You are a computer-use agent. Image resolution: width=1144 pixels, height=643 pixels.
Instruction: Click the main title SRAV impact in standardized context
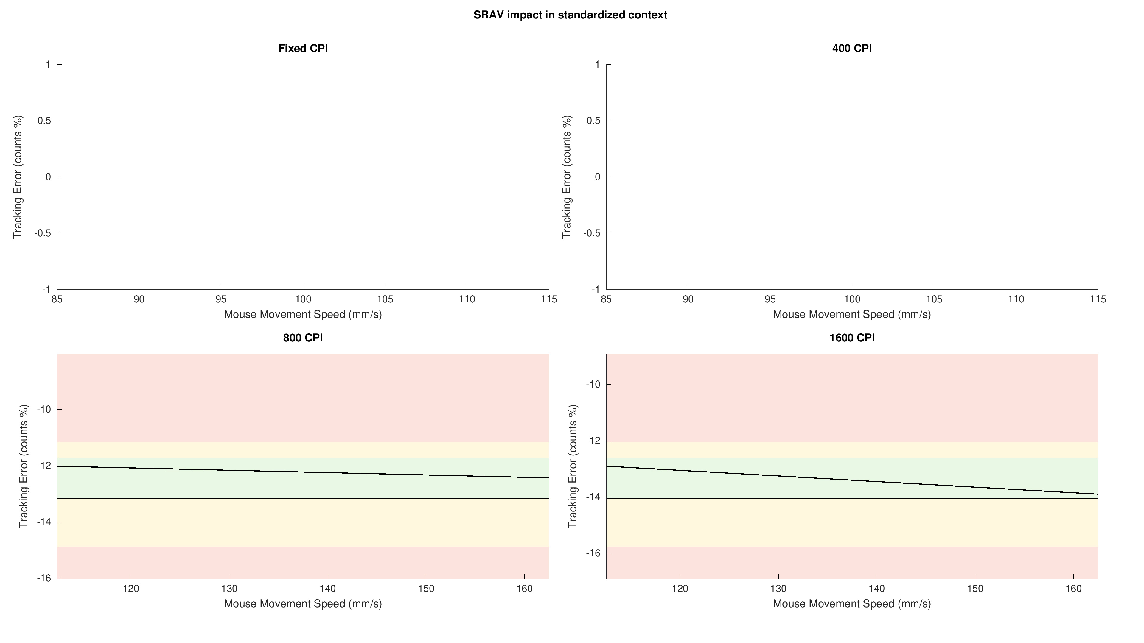(x=570, y=15)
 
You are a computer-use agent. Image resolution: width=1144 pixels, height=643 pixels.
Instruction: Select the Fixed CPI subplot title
(x=303, y=48)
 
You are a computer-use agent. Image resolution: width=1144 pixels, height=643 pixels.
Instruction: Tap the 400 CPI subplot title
(x=852, y=48)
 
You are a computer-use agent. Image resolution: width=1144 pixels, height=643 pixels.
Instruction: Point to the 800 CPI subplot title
(x=303, y=338)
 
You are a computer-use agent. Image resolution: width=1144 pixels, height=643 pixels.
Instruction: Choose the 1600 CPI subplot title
(x=852, y=338)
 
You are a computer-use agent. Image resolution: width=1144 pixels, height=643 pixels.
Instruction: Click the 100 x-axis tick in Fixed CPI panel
(x=303, y=299)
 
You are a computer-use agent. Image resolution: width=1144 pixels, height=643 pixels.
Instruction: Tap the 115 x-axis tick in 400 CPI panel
(x=1098, y=299)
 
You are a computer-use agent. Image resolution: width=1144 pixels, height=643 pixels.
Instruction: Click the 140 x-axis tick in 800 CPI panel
(x=328, y=589)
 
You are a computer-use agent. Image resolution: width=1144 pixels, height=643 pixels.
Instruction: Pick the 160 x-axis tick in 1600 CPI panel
(x=1074, y=589)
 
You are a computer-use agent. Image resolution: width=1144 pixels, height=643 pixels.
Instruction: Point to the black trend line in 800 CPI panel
(x=303, y=472)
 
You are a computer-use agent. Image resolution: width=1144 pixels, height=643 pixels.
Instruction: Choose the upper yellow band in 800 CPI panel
(x=303, y=450)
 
